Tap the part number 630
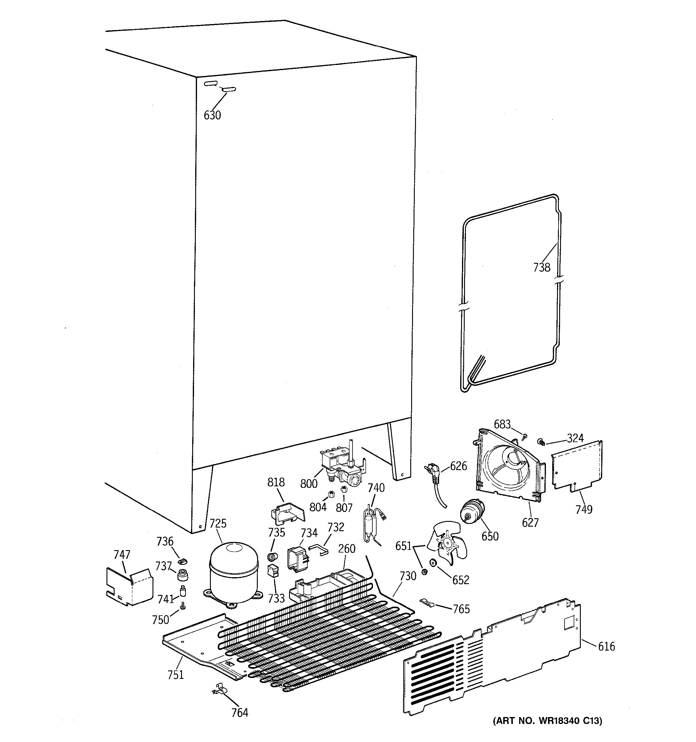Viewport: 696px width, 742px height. pyautogui.click(x=212, y=115)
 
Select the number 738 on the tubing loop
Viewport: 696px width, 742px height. pyautogui.click(x=541, y=267)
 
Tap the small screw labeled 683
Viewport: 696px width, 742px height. pyautogui.click(x=525, y=436)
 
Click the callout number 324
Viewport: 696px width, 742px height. pyautogui.click(x=575, y=438)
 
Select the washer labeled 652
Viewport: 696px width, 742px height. pyautogui.click(x=433, y=562)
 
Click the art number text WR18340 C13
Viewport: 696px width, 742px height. pyautogui.click(x=547, y=731)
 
